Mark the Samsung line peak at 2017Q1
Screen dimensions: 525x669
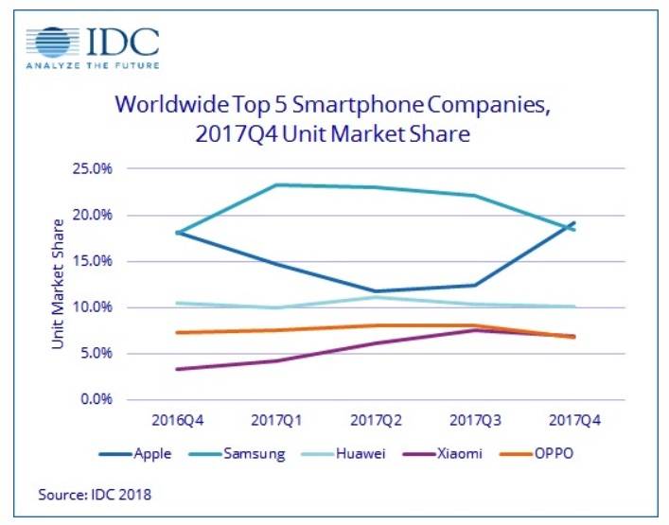[275, 184]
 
